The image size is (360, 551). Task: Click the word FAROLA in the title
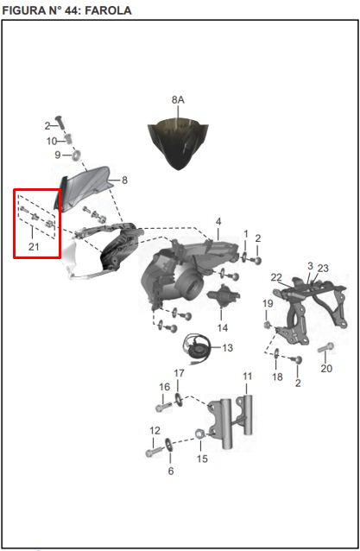pos(108,10)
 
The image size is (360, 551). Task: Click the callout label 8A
pos(178,100)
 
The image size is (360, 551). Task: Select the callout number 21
pos(34,247)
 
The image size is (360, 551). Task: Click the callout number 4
pos(218,222)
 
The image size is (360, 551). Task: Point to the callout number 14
pos(223,328)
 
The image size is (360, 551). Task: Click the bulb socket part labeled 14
pos(224,296)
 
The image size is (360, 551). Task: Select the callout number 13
pos(228,348)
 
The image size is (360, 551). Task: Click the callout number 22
pos(276,277)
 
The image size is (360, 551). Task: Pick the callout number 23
pos(323,268)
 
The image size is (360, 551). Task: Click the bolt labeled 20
pos(326,348)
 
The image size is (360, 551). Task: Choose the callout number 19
pos(268,303)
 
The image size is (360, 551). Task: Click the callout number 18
pos(277,377)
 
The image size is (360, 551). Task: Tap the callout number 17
pos(179,373)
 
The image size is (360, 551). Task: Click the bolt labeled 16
pos(163,408)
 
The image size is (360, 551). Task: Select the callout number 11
pos(248,377)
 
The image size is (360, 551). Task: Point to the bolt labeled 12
pos(154,452)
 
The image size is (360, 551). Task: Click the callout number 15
pos(202,459)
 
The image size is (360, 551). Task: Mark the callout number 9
pos(58,155)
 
